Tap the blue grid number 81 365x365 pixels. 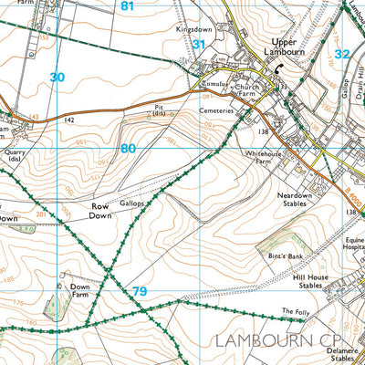click(127, 6)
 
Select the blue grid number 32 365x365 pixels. click(342, 55)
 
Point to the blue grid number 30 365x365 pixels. click(57, 78)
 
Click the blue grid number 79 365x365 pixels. click(140, 291)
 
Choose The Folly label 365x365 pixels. click(294, 312)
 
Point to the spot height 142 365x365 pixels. click(69, 120)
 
